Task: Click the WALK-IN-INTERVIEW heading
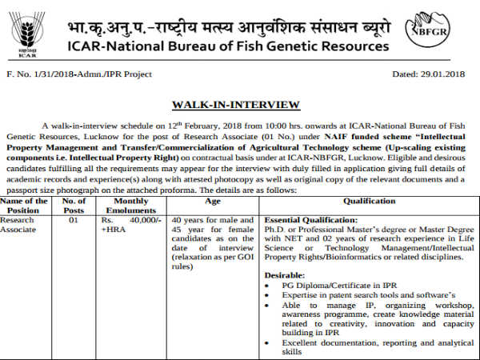tap(236, 105)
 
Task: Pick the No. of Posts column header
tap(74, 207)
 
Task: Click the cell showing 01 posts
tap(74, 219)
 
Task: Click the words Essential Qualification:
tap(310, 219)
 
